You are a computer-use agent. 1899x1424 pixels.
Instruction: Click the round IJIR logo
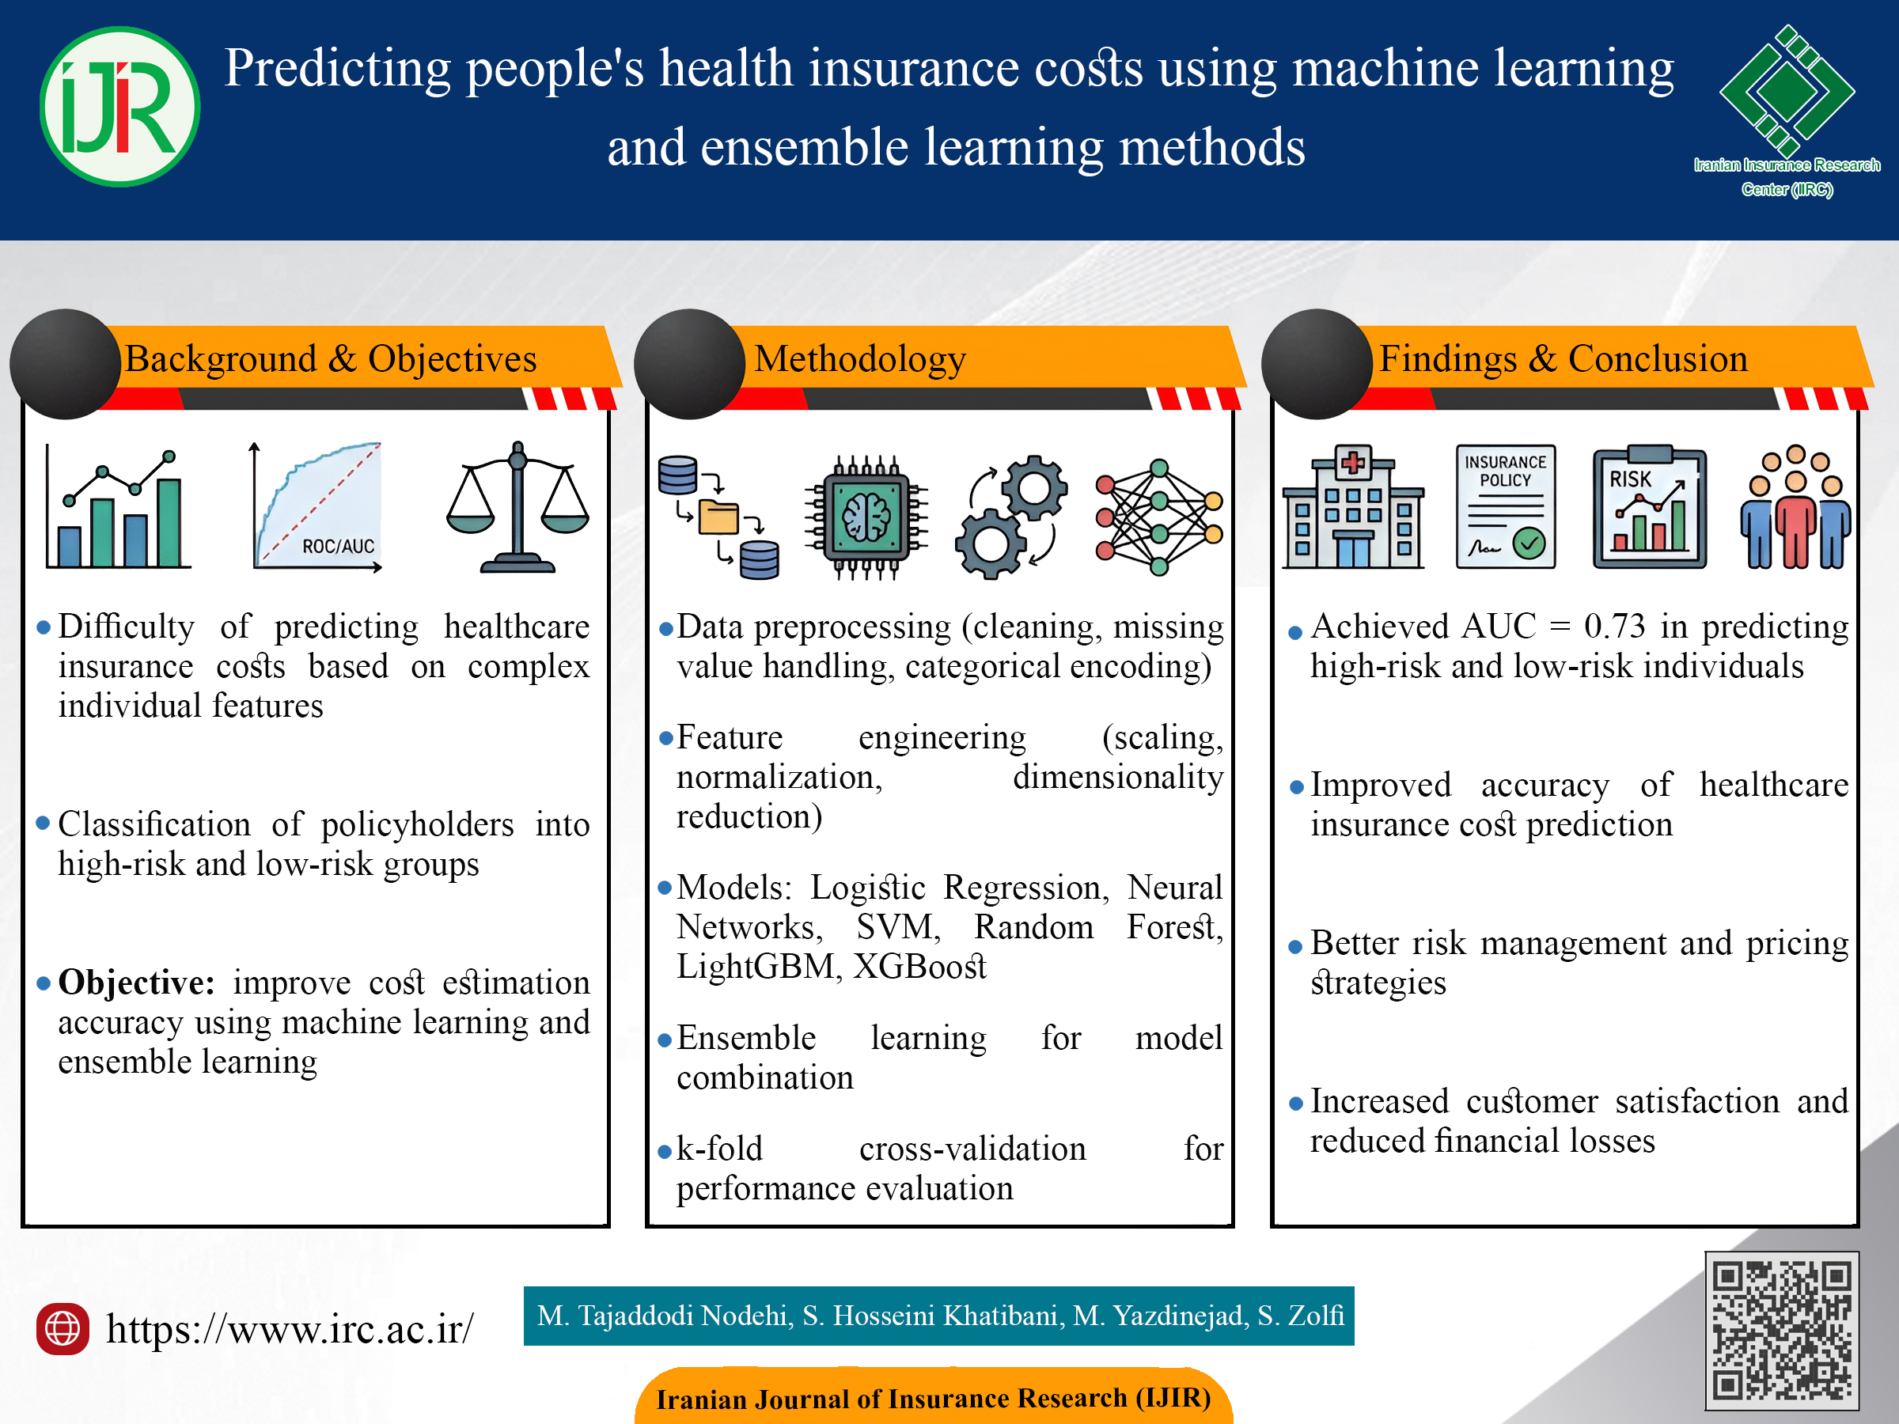click(119, 107)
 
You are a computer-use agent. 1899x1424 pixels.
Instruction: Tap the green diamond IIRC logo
click(1787, 91)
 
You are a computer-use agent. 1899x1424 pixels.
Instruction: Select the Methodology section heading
click(859, 359)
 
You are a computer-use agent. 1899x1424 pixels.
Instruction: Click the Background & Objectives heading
click(331, 359)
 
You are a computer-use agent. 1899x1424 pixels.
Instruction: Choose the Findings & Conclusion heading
click(1564, 359)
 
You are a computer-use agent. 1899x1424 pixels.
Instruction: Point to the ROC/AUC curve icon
click(316, 506)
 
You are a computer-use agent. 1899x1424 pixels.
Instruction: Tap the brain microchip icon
click(866, 517)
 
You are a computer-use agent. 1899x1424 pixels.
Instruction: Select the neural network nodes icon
click(1159, 517)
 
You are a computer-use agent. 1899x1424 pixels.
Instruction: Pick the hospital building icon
click(1353, 506)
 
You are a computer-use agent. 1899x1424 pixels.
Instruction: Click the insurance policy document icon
click(1505, 506)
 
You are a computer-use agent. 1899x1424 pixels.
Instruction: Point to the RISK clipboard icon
click(1649, 506)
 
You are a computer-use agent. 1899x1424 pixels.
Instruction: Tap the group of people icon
click(1795, 506)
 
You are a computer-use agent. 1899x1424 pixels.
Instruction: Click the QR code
click(1781, 1331)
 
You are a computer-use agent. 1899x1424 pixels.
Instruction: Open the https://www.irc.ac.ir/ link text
click(290, 1329)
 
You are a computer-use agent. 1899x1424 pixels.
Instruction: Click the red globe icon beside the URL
click(62, 1329)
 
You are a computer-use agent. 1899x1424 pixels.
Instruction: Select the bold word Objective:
click(137, 982)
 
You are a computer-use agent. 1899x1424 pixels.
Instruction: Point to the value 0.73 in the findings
click(1614, 627)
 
